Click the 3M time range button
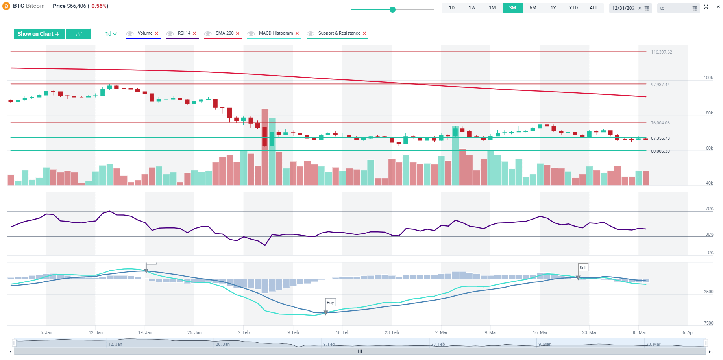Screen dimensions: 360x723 [512, 8]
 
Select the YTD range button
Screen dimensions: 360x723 [573, 8]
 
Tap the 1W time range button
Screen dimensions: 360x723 [472, 8]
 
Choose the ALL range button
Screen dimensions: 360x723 [594, 8]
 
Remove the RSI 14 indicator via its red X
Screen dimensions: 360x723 [194, 33]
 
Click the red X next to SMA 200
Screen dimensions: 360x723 [238, 33]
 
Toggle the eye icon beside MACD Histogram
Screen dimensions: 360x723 [251, 33]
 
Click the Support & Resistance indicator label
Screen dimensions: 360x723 [339, 33]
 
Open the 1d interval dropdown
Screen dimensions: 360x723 [111, 34]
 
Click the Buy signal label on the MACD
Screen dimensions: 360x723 [330, 303]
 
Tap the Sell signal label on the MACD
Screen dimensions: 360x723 [583, 268]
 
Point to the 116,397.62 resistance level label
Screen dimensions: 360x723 [661, 52]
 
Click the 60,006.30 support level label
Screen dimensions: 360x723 [660, 151]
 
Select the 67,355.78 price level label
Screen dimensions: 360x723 [660, 138]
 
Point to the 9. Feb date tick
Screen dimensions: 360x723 [293, 332]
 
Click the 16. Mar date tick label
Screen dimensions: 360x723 [540, 332]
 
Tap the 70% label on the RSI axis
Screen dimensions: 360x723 [709, 209]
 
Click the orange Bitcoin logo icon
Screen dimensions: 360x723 [6, 6]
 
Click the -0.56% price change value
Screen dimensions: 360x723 [99, 6]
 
